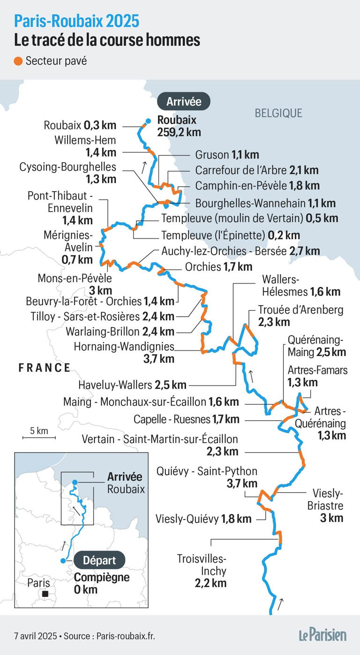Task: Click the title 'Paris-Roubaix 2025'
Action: click(76, 21)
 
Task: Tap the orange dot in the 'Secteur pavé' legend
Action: click(18, 61)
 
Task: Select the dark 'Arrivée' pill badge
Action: click(183, 101)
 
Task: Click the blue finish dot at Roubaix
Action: click(148, 121)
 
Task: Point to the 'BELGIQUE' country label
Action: click(278, 113)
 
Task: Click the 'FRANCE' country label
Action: click(45, 368)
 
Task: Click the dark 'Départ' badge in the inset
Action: click(99, 560)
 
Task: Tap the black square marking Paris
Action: click(45, 594)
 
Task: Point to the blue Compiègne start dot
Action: click(63, 560)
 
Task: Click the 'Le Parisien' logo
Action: click(323, 635)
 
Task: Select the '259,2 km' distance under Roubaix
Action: click(179, 132)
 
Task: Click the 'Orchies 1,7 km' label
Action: click(218, 267)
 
